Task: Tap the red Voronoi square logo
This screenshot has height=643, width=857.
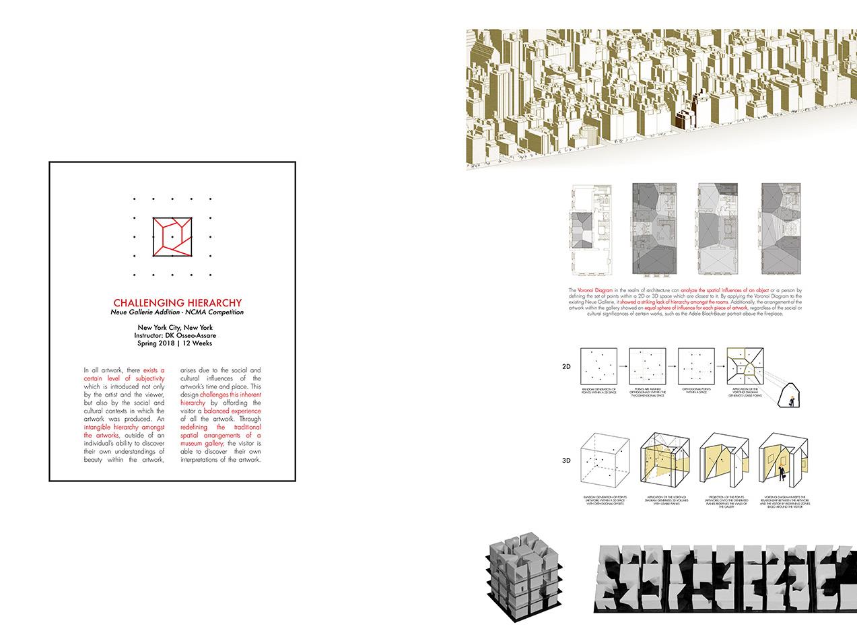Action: tap(173, 237)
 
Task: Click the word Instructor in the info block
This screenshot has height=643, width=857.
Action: tap(156, 335)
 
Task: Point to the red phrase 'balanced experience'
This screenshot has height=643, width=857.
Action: tap(232, 410)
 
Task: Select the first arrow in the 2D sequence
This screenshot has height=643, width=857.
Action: tap(623, 366)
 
